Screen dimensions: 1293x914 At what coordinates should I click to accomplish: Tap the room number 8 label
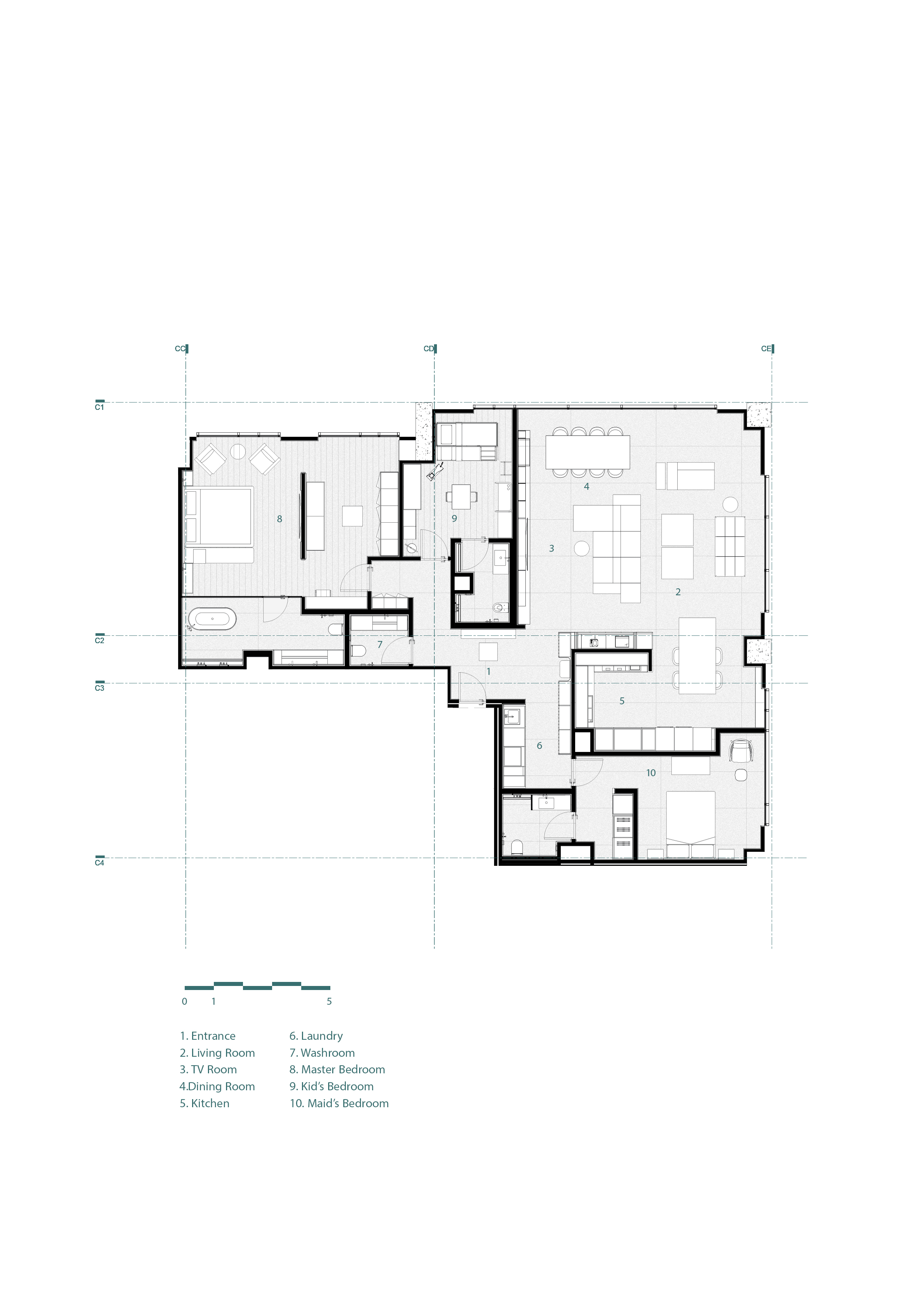pos(279,519)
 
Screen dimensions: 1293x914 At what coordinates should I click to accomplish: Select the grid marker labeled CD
pos(429,349)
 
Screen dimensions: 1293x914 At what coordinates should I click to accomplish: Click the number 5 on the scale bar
pos(330,1001)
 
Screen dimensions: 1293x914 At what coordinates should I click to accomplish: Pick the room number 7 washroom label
pos(379,644)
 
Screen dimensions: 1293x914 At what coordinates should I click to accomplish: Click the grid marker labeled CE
pos(767,349)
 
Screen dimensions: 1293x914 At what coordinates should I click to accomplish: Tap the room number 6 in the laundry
pos(539,746)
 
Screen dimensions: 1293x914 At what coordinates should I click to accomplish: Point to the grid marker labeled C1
pos(100,406)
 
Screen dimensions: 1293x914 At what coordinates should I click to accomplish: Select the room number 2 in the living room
pos(678,592)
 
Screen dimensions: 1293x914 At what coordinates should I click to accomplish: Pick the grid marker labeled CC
pos(181,349)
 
